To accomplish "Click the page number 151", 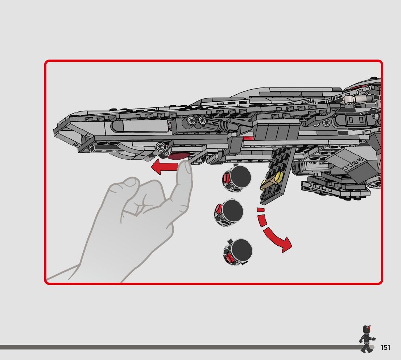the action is pos(385,348).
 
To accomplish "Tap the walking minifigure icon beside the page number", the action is pos(367,340).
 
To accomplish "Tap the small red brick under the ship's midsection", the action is pos(249,138).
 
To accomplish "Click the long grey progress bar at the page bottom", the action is pos(178,347).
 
